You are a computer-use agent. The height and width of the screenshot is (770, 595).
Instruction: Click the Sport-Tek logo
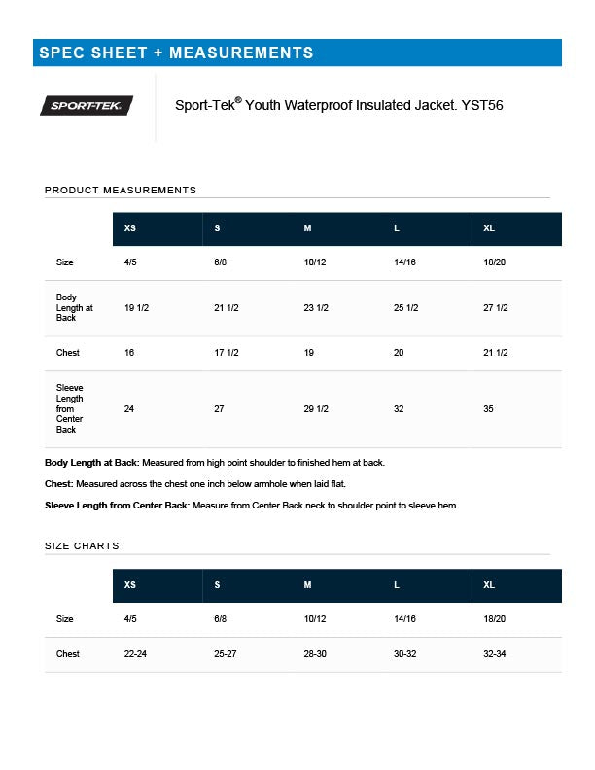point(87,106)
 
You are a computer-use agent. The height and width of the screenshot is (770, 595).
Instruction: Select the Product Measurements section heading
point(121,190)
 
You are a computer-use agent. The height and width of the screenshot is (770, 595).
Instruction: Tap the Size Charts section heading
point(82,545)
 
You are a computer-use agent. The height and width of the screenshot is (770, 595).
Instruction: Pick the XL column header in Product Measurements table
point(489,228)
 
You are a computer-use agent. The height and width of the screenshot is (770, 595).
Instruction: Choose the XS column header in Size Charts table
point(130,585)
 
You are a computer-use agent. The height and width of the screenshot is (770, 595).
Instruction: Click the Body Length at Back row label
point(74,307)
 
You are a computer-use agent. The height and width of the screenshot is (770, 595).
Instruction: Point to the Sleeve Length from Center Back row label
point(70,408)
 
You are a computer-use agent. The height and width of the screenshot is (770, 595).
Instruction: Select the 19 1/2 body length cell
point(136,308)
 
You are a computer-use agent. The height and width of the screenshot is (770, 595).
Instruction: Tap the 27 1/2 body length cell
point(496,308)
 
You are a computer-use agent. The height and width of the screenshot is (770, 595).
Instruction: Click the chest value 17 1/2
point(227,353)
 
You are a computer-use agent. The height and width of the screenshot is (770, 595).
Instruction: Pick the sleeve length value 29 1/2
point(316,409)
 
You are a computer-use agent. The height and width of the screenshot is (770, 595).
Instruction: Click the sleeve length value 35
point(488,409)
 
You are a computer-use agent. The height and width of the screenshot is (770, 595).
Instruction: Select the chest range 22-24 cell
point(135,654)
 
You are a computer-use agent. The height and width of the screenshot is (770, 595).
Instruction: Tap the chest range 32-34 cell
point(495,654)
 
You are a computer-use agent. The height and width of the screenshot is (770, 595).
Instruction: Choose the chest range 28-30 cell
point(315,654)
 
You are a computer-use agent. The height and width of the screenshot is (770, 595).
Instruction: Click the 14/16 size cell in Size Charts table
point(404,619)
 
